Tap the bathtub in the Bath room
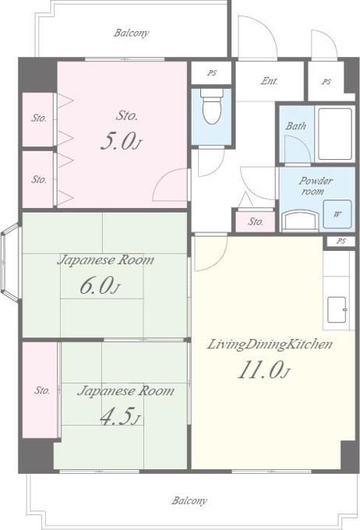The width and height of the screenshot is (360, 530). click(x=335, y=134)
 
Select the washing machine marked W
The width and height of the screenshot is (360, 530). click(x=337, y=214)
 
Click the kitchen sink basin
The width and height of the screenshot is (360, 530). click(x=337, y=309)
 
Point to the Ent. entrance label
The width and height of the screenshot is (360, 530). click(x=269, y=81)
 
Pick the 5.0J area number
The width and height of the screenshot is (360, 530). click(x=121, y=141)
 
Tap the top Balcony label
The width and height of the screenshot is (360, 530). click(x=131, y=33)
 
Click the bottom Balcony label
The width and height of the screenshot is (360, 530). click(x=189, y=500)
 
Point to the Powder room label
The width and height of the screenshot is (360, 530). click(x=315, y=186)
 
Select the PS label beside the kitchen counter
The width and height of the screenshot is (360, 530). click(x=341, y=241)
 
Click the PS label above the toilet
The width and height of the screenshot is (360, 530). click(x=212, y=72)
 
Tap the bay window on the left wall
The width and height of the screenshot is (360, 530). click(x=10, y=261)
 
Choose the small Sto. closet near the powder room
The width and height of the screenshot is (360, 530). click(x=256, y=221)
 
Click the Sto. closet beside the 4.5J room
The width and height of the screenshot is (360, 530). click(x=40, y=390)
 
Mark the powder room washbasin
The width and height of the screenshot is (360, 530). click(x=300, y=221)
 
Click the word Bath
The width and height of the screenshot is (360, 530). click(x=296, y=126)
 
